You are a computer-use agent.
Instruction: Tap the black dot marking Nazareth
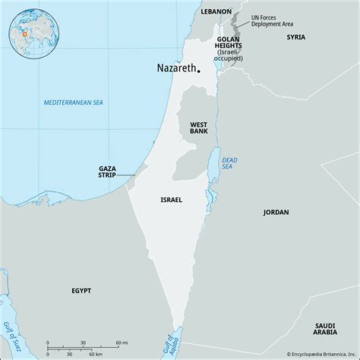pyautogui.click(x=199, y=71)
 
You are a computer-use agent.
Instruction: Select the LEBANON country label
pyautogui.click(x=216, y=12)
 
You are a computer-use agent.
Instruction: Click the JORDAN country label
pyautogui.click(x=276, y=212)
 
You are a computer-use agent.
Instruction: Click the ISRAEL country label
pyautogui.click(x=171, y=200)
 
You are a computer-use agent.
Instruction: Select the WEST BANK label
pyautogui.click(x=199, y=127)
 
